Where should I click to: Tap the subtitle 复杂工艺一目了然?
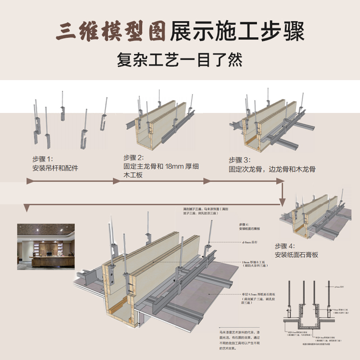(x=180, y=60)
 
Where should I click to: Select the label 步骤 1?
(x=42, y=159)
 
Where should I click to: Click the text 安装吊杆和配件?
(x=55, y=168)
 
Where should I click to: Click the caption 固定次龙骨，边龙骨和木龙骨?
(x=272, y=169)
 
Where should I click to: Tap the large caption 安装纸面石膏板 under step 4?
(x=297, y=255)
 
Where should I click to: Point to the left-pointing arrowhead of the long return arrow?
(x=27, y=208)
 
